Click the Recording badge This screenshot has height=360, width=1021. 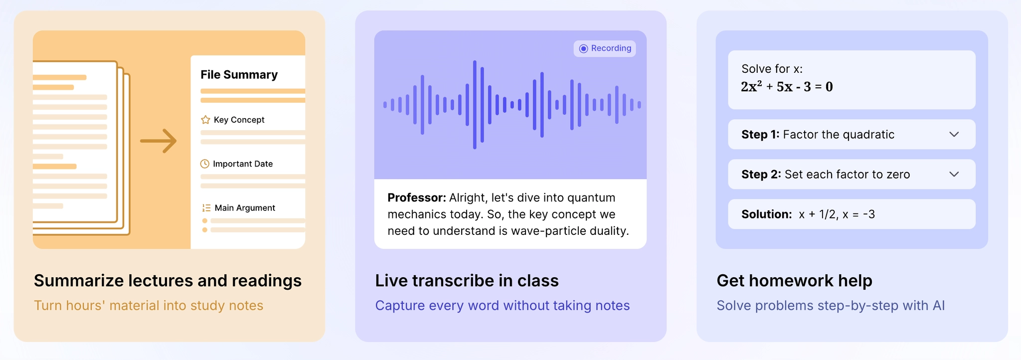[x=605, y=48]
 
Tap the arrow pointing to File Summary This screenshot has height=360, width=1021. [x=159, y=141]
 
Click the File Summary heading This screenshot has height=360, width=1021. [x=239, y=75]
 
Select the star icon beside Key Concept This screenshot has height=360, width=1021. [x=205, y=120]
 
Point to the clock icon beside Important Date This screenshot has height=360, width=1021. [x=205, y=164]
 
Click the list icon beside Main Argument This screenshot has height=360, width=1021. [x=206, y=208]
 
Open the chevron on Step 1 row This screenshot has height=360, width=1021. [x=954, y=134]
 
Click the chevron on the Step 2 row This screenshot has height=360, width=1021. [x=954, y=174]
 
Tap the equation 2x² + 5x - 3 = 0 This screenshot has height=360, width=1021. [x=787, y=86]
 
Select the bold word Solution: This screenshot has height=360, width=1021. [x=766, y=214]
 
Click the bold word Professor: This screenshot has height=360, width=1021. [x=417, y=197]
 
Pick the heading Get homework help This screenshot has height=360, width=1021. [x=794, y=281]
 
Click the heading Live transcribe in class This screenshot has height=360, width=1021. [x=467, y=281]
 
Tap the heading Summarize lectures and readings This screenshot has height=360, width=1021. [x=168, y=281]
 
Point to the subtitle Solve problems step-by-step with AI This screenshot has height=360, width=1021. [x=831, y=305]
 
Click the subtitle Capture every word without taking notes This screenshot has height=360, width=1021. [x=503, y=305]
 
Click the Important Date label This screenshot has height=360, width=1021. [x=243, y=164]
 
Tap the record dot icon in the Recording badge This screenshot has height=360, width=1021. [x=583, y=48]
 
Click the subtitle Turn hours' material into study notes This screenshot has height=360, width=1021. [x=149, y=305]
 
